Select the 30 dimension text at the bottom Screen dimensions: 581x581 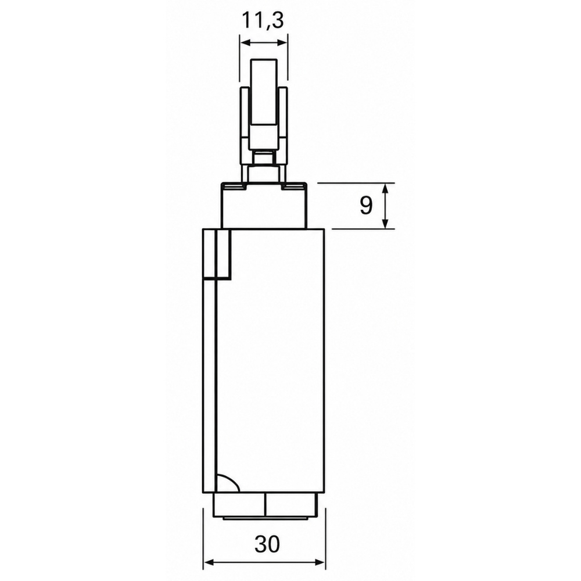click(267, 544)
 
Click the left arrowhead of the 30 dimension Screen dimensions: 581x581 click(209, 562)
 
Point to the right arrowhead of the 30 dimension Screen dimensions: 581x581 click(320, 562)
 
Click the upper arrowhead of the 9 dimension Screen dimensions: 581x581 click(385, 188)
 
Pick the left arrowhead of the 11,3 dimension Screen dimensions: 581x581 click(246, 43)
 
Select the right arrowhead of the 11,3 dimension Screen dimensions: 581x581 click(282, 43)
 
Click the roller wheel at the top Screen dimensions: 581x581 click(264, 91)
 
